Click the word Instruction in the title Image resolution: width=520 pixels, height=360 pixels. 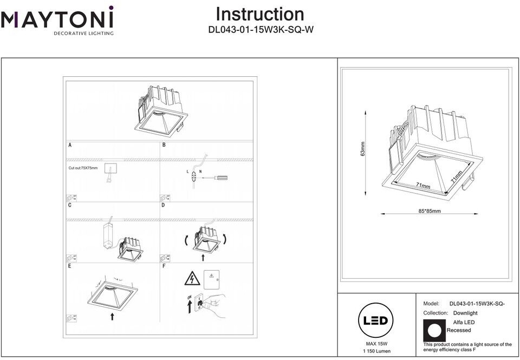(260, 14)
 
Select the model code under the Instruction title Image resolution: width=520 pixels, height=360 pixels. (261, 30)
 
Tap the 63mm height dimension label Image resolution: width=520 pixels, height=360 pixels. (363, 149)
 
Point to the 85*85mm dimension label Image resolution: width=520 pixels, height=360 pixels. (430, 211)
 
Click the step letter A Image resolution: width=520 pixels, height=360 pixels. (70, 145)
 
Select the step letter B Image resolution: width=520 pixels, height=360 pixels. (164, 145)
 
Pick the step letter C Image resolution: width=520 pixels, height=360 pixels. (70, 206)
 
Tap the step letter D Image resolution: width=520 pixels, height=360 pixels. (164, 206)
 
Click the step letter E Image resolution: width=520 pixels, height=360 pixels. (70, 266)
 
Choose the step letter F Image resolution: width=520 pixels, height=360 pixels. (164, 266)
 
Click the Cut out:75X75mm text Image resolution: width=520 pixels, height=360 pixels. (83, 168)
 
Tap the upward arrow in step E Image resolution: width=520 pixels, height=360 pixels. (112, 316)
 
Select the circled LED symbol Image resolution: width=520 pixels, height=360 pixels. (375, 320)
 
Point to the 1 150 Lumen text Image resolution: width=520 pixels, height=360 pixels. (375, 351)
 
